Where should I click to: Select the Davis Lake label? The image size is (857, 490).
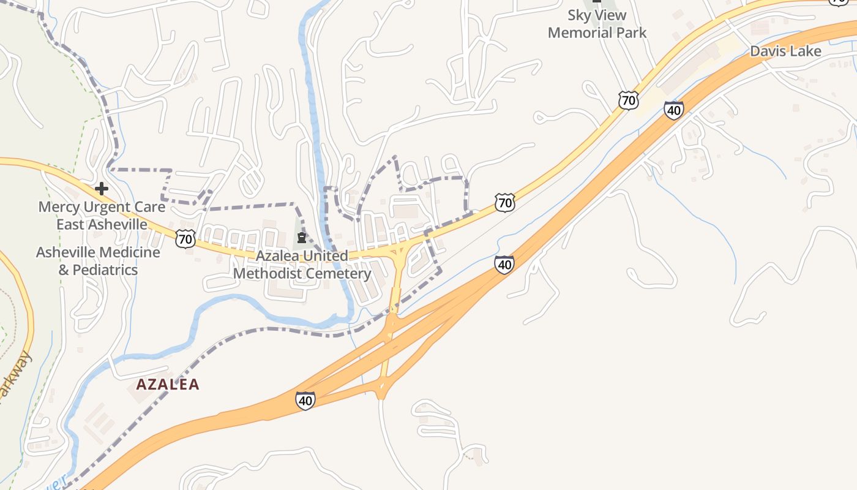pyautogui.click(x=785, y=51)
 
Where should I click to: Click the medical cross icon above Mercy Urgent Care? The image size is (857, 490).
pyautogui.click(x=102, y=189)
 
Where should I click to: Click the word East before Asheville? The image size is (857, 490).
pyautogui.click(x=70, y=224)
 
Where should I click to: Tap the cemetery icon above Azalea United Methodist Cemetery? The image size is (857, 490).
pyautogui.click(x=301, y=238)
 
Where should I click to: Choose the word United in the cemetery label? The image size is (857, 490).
pyautogui.click(x=326, y=256)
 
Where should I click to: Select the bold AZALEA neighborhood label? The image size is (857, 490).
pyautogui.click(x=168, y=385)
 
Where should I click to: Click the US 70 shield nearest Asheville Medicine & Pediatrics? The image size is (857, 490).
pyautogui.click(x=185, y=238)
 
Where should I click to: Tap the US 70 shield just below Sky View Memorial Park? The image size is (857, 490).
pyautogui.click(x=628, y=100)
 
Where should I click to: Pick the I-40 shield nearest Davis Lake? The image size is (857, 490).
pyautogui.click(x=673, y=110)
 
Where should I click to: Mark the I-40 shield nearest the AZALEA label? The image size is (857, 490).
pyautogui.click(x=305, y=401)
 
